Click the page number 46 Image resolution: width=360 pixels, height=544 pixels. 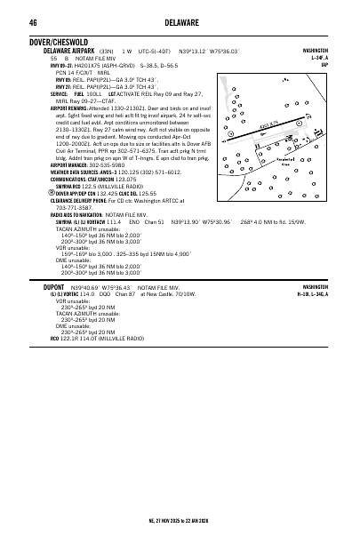click(x=32, y=21)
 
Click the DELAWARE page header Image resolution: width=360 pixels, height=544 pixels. click(x=180, y=21)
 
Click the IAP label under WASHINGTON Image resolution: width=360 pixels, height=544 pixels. click(x=324, y=64)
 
